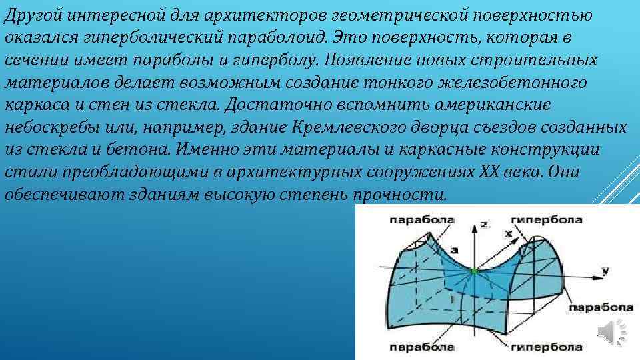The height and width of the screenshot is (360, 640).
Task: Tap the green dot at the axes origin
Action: [x=474, y=271]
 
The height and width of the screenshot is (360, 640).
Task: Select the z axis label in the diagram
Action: [x=484, y=225]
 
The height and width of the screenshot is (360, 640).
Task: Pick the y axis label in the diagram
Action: [x=605, y=270]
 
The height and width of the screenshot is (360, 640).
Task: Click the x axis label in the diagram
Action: [x=509, y=234]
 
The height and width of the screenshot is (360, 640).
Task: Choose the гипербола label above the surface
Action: [x=546, y=219]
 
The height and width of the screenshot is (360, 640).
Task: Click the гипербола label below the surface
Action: [x=547, y=347]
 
